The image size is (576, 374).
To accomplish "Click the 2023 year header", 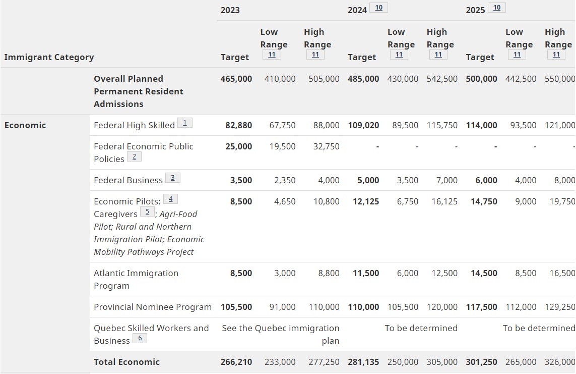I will [x=230, y=10].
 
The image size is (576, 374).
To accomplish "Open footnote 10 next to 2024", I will [x=378, y=8].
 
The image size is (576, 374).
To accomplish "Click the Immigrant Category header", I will [x=49, y=57].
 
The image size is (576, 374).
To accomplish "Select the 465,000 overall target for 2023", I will [x=236, y=79].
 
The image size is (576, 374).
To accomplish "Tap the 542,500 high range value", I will [x=442, y=79].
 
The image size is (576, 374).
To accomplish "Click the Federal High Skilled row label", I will [x=134, y=125].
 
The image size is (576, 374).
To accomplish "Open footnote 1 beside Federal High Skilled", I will [x=185, y=123].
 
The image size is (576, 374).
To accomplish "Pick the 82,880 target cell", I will [x=238, y=125].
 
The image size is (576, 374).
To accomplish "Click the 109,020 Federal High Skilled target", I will [x=363, y=125].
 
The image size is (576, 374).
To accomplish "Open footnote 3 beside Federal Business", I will [x=172, y=178].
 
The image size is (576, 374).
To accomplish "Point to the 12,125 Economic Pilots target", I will [x=365, y=201].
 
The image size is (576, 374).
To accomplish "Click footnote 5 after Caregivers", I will [x=147, y=211].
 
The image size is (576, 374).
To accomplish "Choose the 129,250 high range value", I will [x=560, y=307].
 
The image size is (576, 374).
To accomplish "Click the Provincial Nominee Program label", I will [x=153, y=307].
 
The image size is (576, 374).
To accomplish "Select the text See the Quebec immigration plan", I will [x=281, y=334].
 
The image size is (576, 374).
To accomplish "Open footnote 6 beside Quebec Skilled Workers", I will [x=140, y=338].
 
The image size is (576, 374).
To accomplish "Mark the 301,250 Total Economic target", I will [x=481, y=362].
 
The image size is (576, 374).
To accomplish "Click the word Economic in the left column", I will [x=25, y=125].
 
